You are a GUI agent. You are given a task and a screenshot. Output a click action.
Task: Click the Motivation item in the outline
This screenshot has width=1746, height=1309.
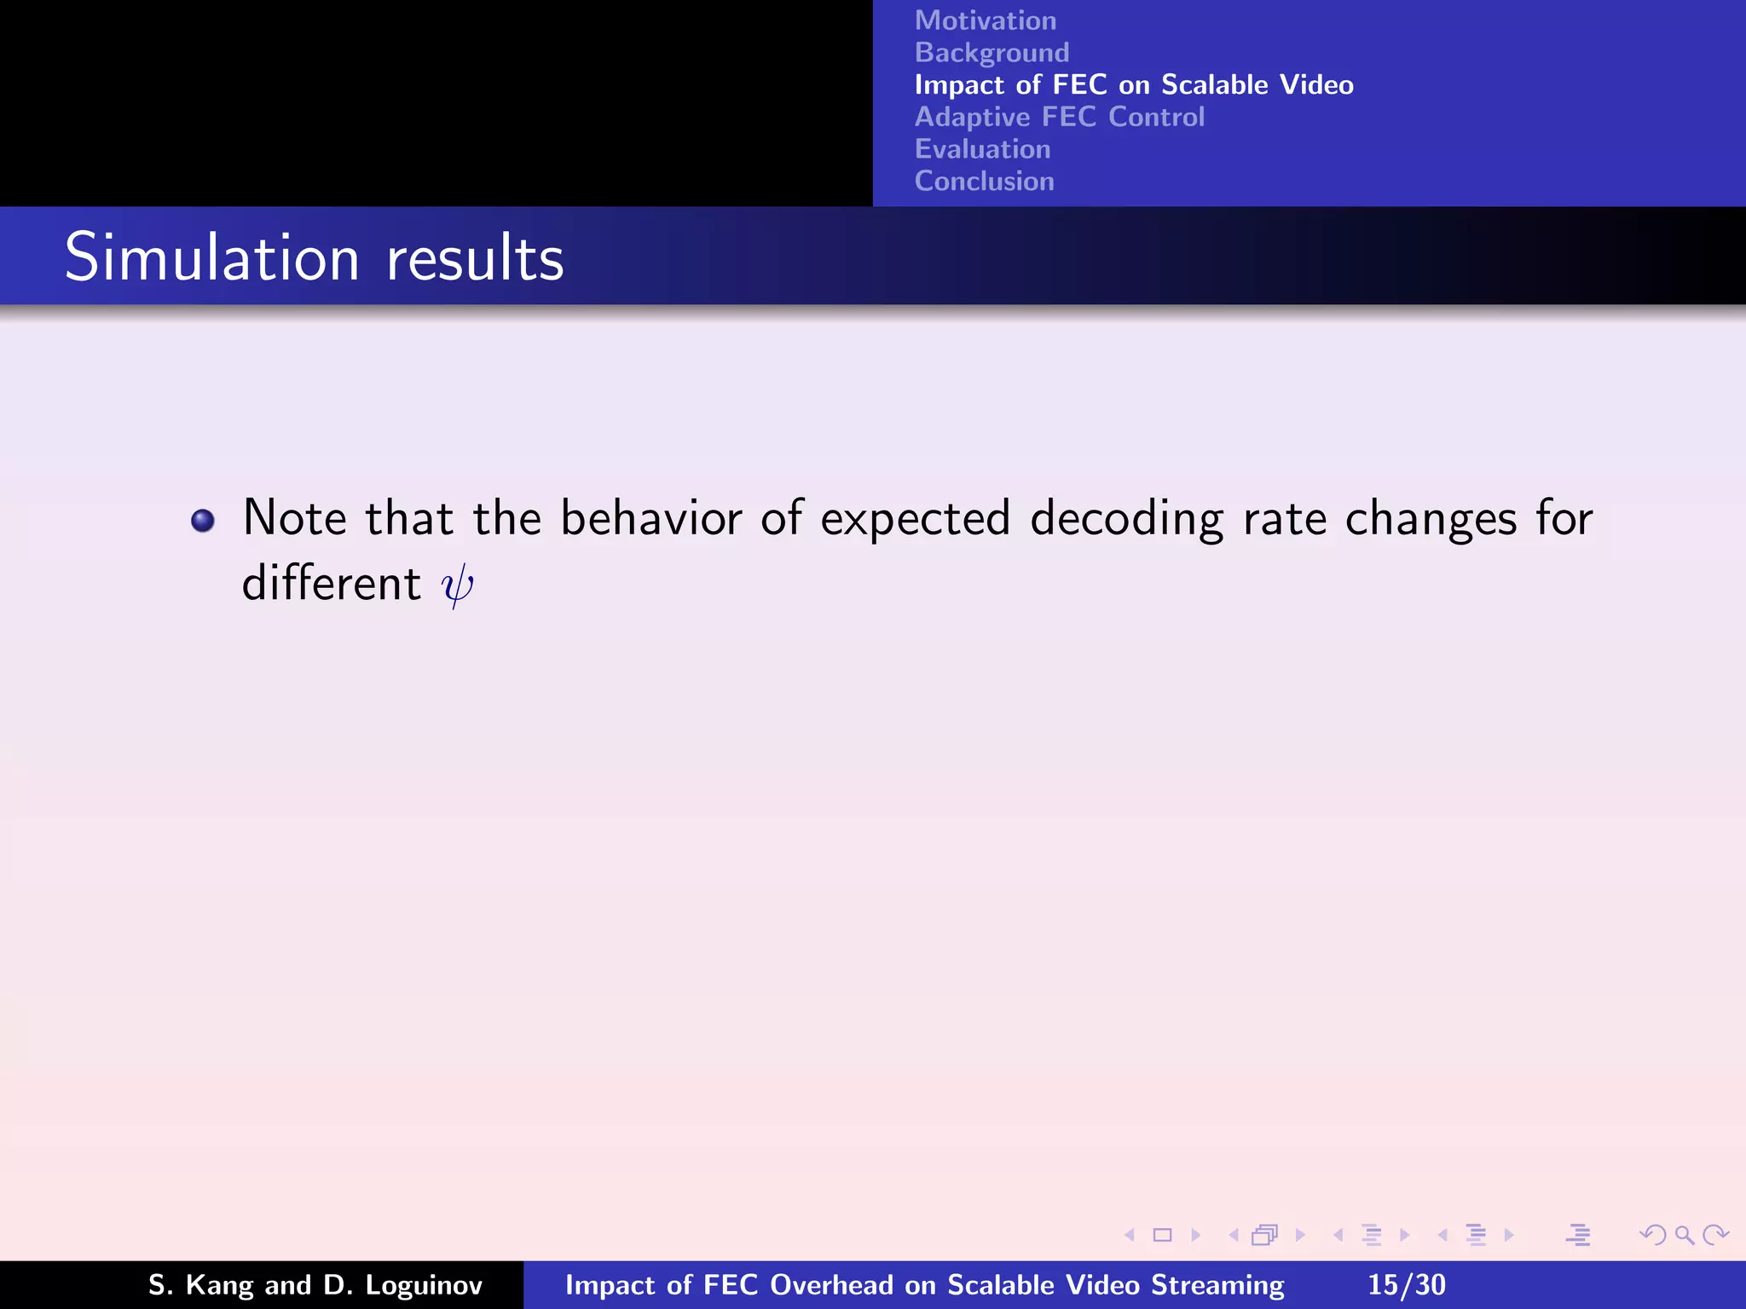pyautogui.click(x=985, y=20)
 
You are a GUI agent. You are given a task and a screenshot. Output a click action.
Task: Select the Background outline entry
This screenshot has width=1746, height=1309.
pyautogui.click(x=992, y=53)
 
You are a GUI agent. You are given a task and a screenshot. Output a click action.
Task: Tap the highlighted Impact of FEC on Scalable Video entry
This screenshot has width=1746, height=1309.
pyautogui.click(x=1133, y=85)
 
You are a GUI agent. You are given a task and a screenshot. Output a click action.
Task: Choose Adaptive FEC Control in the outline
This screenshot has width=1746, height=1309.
pyautogui.click(x=1059, y=117)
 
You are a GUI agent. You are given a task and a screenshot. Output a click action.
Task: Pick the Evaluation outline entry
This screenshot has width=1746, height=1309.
pyautogui.click(x=982, y=149)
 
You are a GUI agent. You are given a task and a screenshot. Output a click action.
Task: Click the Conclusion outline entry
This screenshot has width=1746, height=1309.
pyautogui.click(x=984, y=182)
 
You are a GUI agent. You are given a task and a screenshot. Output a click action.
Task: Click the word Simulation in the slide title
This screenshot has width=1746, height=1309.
pyautogui.click(x=211, y=257)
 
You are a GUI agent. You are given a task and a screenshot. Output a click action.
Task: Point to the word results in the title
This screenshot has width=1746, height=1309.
pyautogui.click(x=475, y=259)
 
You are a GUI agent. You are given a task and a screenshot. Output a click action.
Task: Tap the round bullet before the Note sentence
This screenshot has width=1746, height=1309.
pyautogui.click(x=203, y=520)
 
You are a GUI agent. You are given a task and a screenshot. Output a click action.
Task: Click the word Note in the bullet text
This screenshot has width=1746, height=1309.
pyautogui.click(x=295, y=518)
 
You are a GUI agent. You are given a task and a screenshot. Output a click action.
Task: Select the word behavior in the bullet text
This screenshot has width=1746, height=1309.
pyautogui.click(x=650, y=518)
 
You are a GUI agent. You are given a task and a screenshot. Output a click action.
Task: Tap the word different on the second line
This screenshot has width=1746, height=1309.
pyautogui.click(x=332, y=584)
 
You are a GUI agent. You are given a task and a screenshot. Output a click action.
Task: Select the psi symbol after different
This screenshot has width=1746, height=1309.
pyautogui.click(x=457, y=585)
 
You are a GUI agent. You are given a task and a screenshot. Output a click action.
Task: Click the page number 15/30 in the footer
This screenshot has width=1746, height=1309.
pyautogui.click(x=1406, y=1284)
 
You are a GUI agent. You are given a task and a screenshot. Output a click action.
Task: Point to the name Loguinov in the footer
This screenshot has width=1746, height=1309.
pyautogui.click(x=423, y=1285)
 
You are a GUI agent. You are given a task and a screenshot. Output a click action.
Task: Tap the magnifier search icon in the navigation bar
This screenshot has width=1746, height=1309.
pyautogui.click(x=1684, y=1235)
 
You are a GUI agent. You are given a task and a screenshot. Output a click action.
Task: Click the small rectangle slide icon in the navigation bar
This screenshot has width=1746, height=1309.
pyautogui.click(x=1162, y=1235)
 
